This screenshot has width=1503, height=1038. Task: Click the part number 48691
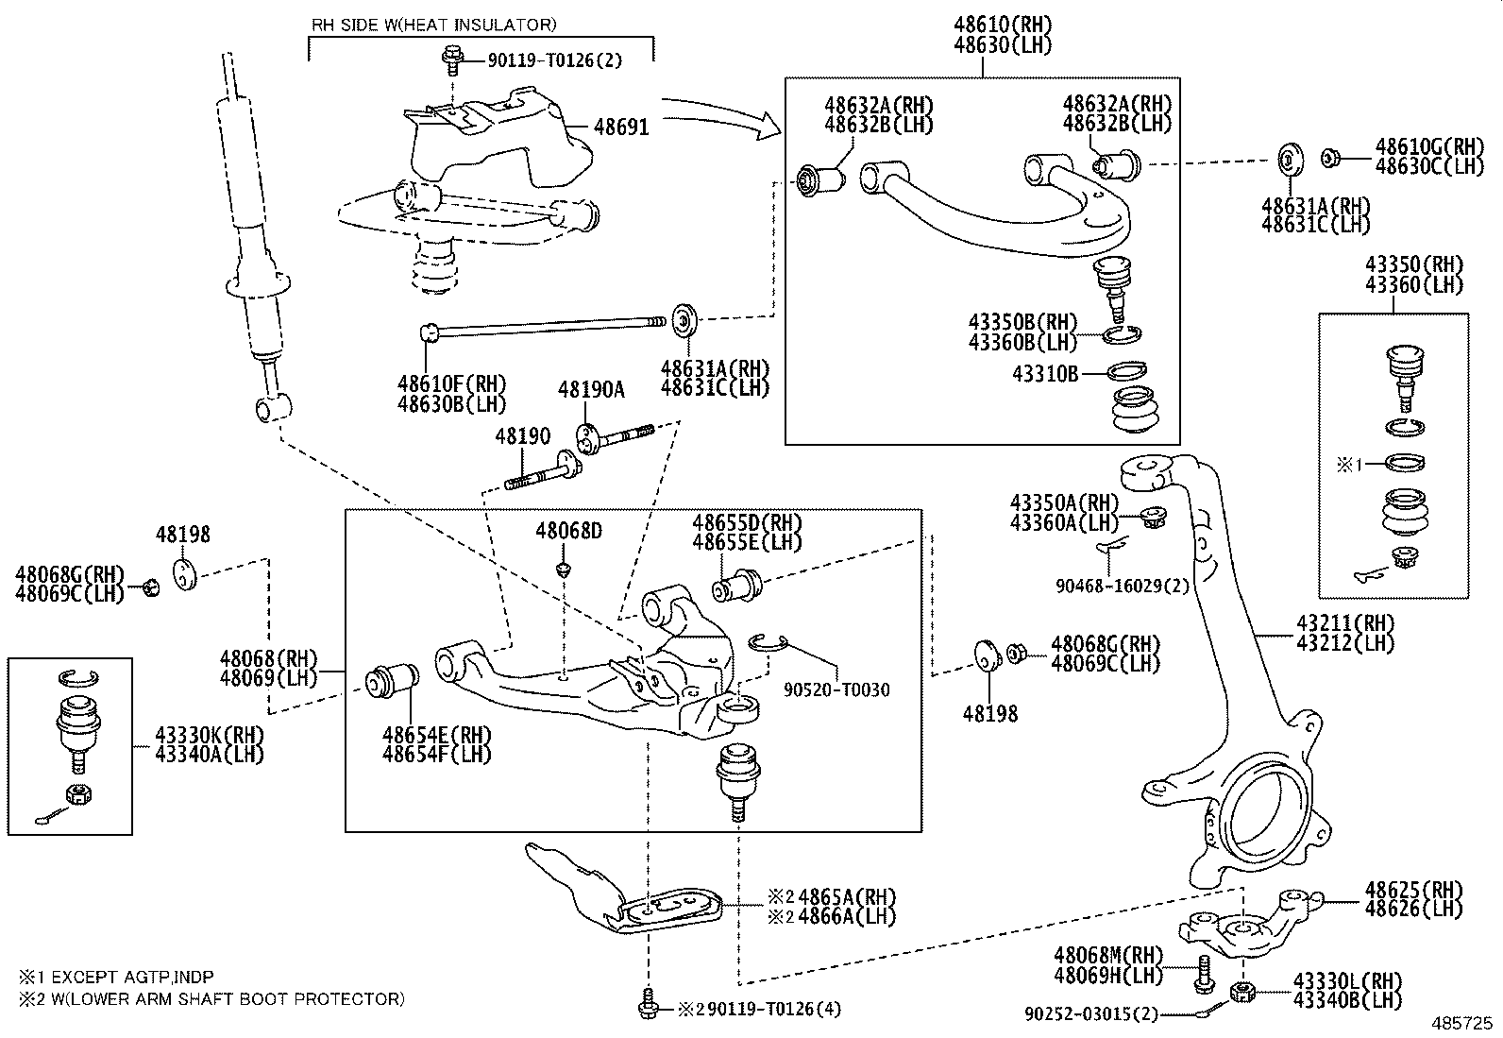621,127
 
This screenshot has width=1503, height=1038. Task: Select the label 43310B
1045,374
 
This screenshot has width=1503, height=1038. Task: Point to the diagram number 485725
1461,1023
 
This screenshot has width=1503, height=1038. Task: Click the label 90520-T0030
836,690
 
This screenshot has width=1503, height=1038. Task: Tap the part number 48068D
568,531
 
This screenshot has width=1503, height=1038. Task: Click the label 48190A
591,389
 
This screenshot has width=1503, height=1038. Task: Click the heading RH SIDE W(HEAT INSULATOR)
434,25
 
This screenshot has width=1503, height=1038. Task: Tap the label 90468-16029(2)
1123,587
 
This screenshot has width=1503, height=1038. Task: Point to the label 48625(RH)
1412,890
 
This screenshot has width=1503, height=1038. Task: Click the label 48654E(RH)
436,736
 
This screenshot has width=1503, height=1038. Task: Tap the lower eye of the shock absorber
269,409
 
